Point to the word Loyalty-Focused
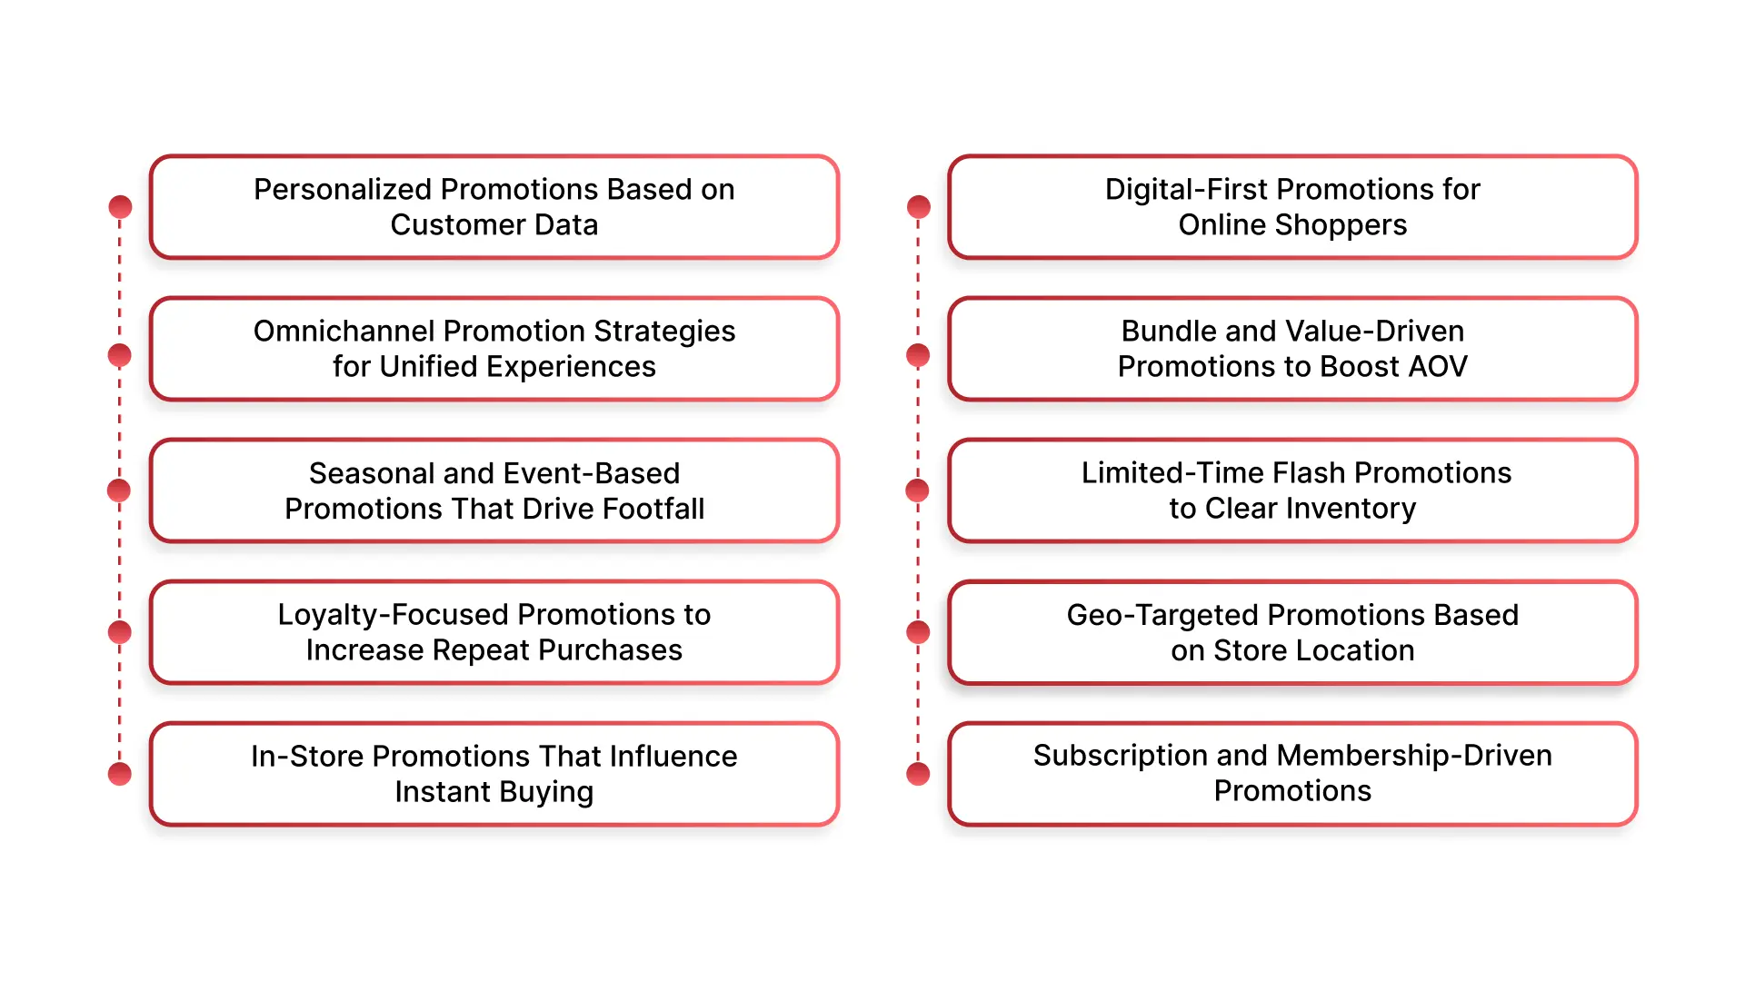pos(383,615)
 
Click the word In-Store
pos(307,757)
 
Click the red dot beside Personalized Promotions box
pos(120,207)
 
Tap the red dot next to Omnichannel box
pos(120,355)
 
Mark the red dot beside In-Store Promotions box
pos(120,774)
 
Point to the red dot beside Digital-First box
pos(919,207)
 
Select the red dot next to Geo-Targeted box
pos(919,632)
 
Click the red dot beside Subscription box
pos(919,774)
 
